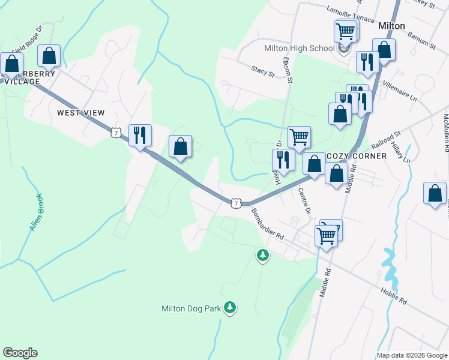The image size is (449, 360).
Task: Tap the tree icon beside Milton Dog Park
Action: (229, 308)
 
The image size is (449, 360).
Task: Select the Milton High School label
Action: (299, 49)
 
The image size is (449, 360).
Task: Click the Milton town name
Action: (391, 26)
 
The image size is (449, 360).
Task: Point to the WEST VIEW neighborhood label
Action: (80, 113)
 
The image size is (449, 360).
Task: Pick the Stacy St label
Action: (263, 72)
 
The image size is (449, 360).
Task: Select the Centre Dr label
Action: (304, 202)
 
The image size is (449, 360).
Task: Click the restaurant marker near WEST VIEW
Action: (140, 134)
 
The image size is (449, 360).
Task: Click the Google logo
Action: (20, 353)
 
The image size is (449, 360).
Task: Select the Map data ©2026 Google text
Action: (411, 355)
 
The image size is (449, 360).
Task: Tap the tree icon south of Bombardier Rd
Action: (262, 256)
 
